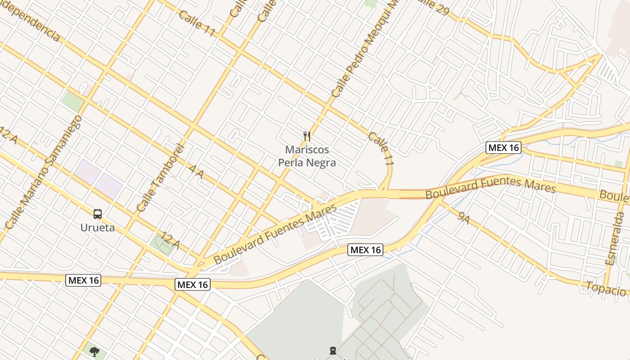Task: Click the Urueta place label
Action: pos(97,227)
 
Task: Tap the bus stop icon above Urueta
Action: pos(98,214)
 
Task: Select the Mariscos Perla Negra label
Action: pos(307,156)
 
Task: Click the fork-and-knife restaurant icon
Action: pos(307,136)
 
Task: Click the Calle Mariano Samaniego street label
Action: pos(43,171)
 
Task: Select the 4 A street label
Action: pos(197,172)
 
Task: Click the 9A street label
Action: pos(463,218)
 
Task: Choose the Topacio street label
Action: pos(605,288)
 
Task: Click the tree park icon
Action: pos(94,351)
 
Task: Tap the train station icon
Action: pos(332,351)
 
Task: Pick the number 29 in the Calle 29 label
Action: pos(441,9)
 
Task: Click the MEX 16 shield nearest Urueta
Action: pos(83,280)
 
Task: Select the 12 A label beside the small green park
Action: pos(171,241)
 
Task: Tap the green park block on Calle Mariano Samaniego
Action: pos(72,101)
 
